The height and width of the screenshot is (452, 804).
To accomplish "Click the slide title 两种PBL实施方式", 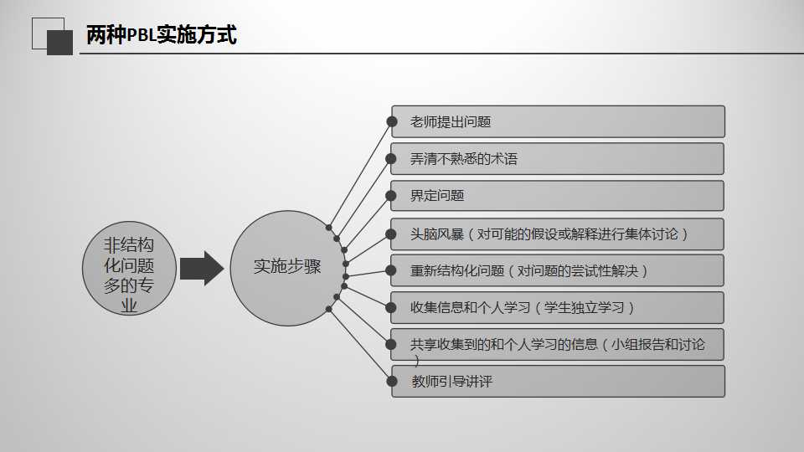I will (162, 36).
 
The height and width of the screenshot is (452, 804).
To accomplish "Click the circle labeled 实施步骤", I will (287, 267).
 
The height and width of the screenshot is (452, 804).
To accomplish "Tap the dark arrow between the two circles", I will (201, 268).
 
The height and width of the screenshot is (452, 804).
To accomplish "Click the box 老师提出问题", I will (558, 121).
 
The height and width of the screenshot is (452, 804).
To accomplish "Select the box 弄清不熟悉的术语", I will (558, 158).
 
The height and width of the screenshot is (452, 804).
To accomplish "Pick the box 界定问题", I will (558, 196).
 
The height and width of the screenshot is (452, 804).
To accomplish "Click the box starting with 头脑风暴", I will (558, 234).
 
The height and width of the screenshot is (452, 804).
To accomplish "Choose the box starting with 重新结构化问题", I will (558, 270).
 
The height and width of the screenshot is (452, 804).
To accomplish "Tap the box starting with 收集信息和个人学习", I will (558, 307).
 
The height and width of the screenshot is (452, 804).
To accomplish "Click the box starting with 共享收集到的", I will (558, 345).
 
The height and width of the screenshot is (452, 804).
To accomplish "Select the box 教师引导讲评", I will (558, 382).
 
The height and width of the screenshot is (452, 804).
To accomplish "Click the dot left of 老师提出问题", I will (391, 122).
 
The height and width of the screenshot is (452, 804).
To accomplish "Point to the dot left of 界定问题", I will (391, 196).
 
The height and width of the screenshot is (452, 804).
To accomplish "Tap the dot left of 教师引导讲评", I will (391, 382).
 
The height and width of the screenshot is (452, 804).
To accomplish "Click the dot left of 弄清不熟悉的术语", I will (391, 158).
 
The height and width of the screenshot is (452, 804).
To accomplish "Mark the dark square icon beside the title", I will (59, 42).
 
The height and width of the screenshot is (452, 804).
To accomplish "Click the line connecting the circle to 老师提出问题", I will (360, 175).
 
